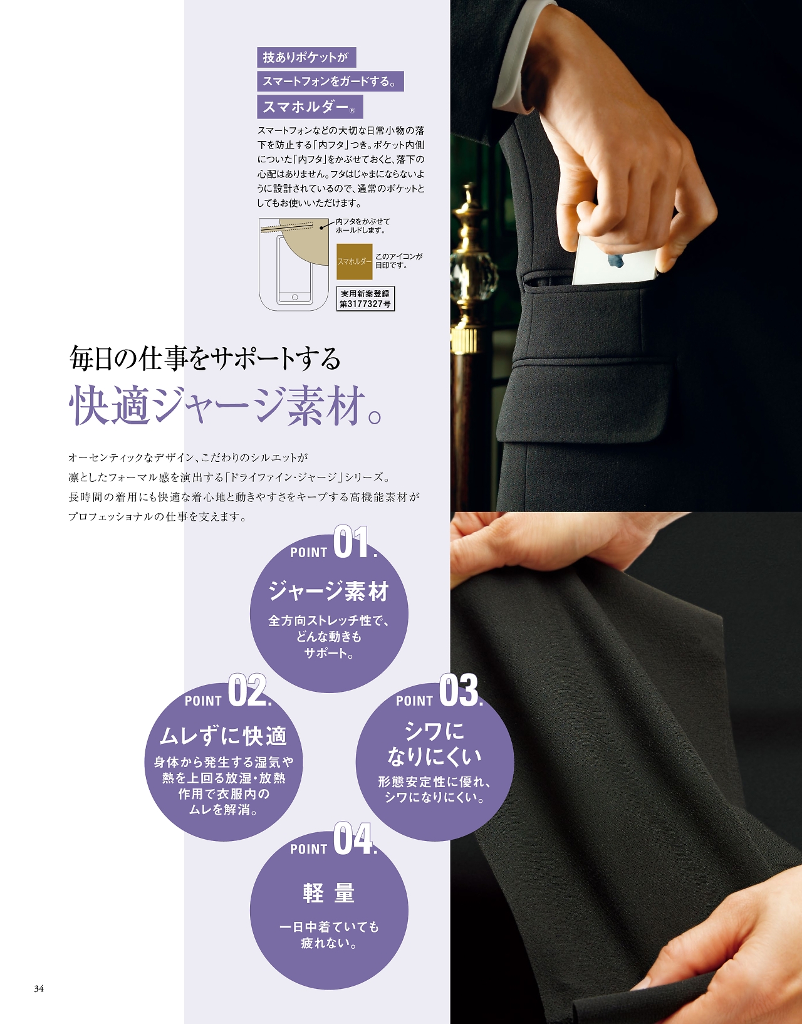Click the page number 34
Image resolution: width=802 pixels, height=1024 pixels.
pyautogui.click(x=39, y=989)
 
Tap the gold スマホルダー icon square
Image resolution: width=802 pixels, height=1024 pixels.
pyautogui.click(x=354, y=261)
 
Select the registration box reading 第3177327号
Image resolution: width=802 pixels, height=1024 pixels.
pyautogui.click(x=365, y=299)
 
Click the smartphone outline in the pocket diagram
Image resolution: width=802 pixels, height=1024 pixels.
pyautogui.click(x=294, y=271)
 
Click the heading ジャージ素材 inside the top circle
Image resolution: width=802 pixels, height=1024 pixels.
pyautogui.click(x=329, y=592)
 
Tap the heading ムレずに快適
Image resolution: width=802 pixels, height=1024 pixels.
pyautogui.click(x=223, y=736)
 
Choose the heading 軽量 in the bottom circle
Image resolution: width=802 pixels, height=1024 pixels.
pyautogui.click(x=329, y=892)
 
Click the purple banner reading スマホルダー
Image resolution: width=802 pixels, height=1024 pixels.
pyautogui.click(x=310, y=107)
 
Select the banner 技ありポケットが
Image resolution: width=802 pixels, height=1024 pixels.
pyautogui.click(x=306, y=58)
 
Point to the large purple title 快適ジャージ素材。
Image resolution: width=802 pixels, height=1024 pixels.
pyautogui.click(x=225, y=405)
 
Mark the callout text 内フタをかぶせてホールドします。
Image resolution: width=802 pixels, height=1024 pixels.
pyautogui.click(x=363, y=226)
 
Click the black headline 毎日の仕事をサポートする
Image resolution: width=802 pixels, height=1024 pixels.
pyautogui.click(x=205, y=358)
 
